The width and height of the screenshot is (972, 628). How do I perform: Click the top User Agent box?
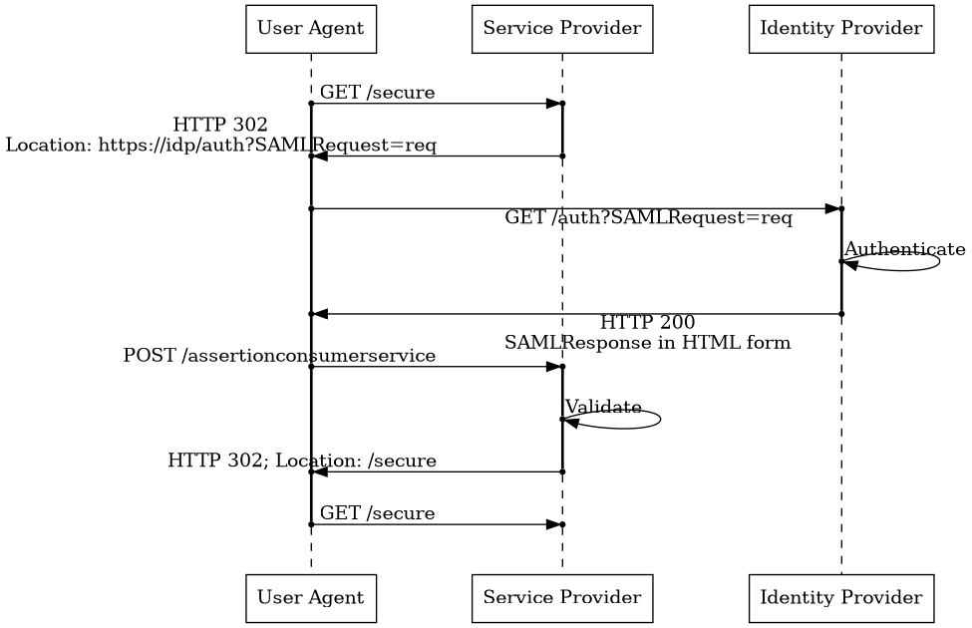tap(311, 28)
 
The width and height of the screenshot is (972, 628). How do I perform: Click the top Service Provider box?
tap(561, 28)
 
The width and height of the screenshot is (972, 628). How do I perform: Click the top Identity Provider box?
tap(840, 28)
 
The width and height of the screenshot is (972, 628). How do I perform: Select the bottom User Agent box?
tap(311, 598)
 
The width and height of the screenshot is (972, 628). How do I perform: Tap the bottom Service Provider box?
tap(561, 598)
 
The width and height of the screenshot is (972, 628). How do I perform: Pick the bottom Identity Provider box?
tap(840, 598)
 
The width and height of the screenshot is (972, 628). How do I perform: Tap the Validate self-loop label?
tap(603, 407)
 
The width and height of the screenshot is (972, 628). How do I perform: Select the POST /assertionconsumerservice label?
tap(279, 356)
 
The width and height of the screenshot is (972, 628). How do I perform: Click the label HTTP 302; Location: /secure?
tap(302, 461)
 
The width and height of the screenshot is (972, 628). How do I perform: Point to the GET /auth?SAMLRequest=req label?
tap(648, 218)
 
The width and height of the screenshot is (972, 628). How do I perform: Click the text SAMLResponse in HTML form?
tap(647, 343)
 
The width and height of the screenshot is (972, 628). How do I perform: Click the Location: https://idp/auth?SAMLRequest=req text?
tap(221, 145)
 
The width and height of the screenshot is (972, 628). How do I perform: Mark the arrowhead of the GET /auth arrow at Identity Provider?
tap(832, 208)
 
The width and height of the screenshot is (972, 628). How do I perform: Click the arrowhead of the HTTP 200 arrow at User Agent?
tap(320, 314)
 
